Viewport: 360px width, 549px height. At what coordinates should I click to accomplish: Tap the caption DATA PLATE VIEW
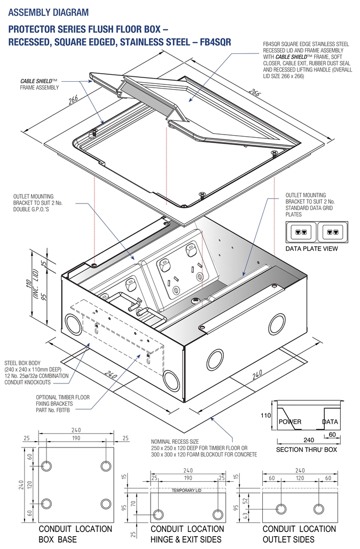pyautogui.click(x=312, y=249)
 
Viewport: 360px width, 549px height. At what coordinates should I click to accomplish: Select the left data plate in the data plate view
pyautogui.click(x=301, y=232)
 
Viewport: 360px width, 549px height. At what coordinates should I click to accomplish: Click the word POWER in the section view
pyautogui.click(x=290, y=422)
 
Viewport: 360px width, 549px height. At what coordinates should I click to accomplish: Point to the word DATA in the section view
pyautogui.click(x=330, y=422)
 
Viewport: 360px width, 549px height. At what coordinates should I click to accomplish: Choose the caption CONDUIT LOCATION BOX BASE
pyautogui.click(x=75, y=534)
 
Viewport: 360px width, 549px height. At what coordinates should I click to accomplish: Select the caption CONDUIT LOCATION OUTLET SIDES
pyautogui.click(x=299, y=534)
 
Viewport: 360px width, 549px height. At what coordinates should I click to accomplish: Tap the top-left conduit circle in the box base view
pyautogui.click(x=46, y=466)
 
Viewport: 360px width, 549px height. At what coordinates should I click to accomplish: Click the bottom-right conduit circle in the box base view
pyautogui.click(x=105, y=504)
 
